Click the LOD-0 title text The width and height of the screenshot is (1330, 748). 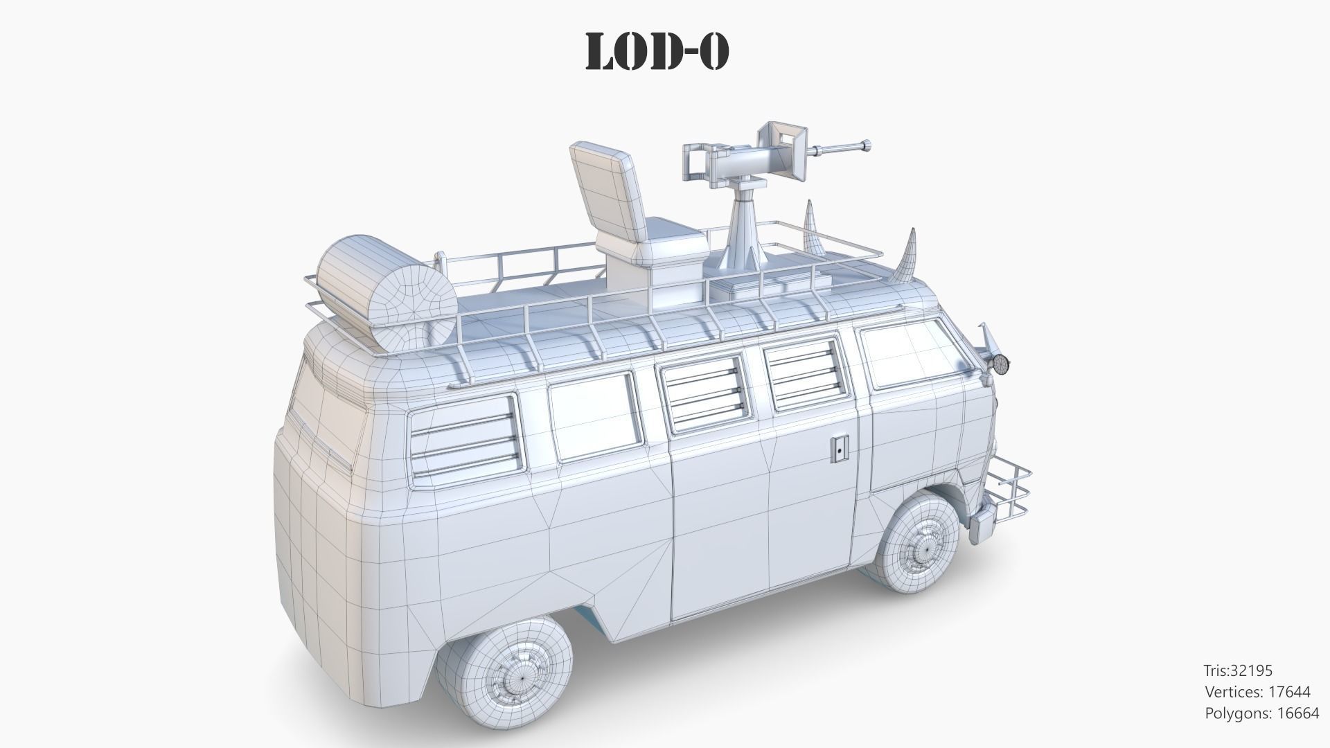coord(657,51)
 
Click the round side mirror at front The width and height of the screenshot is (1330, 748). coord(1000,363)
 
